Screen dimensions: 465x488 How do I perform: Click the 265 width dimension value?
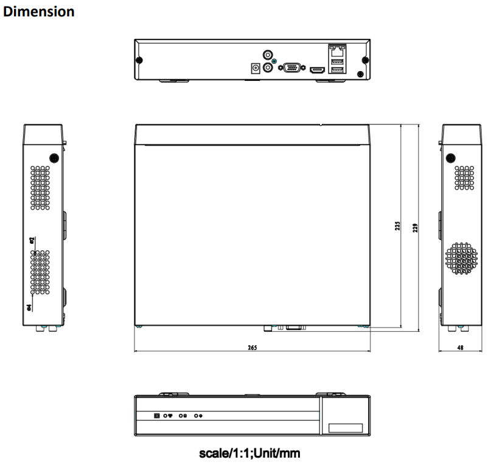point(252,348)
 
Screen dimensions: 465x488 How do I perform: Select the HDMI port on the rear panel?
point(317,70)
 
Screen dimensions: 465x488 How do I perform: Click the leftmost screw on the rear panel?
point(139,61)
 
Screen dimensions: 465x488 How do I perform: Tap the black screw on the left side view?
point(54,157)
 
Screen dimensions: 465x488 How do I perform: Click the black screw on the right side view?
point(450,157)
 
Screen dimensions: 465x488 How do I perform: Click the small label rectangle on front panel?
point(345,428)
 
